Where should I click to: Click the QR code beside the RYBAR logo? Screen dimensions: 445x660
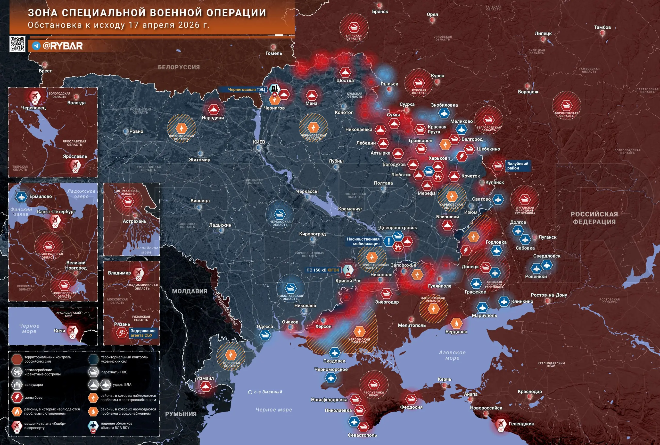coord(17,44)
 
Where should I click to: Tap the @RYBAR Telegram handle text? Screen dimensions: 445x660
coord(62,46)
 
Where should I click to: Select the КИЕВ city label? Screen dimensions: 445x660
coord(259,142)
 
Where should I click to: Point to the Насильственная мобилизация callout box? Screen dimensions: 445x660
coord(363,241)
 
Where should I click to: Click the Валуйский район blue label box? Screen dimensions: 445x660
coord(517,166)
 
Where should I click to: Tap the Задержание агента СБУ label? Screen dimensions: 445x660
coord(143,333)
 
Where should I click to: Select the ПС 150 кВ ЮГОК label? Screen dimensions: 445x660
coord(322,270)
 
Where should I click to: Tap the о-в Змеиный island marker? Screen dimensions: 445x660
coord(250,392)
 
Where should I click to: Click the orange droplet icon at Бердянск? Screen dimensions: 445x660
coord(456,323)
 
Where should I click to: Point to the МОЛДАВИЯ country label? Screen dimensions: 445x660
coord(189,291)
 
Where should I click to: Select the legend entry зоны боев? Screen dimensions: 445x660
coord(34,398)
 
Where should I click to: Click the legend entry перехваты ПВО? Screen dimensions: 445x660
coord(114,372)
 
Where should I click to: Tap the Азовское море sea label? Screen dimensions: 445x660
coord(452,355)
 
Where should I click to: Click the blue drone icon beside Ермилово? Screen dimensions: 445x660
coord(21,196)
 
